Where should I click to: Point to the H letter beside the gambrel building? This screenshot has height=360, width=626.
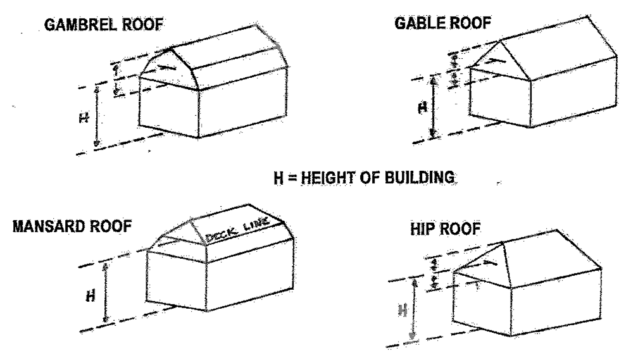point(84,118)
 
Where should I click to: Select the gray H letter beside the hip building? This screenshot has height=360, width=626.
point(401,310)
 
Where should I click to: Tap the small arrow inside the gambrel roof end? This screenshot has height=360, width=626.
point(166,66)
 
